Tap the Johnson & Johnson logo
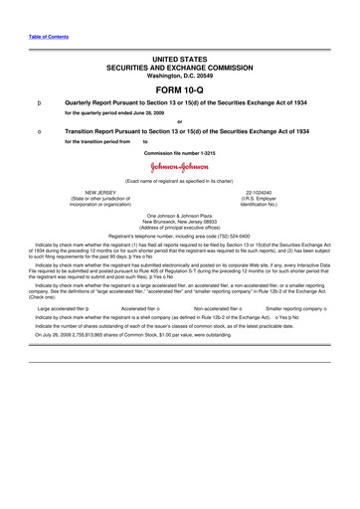coord(180,166)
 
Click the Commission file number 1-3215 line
coord(180,153)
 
